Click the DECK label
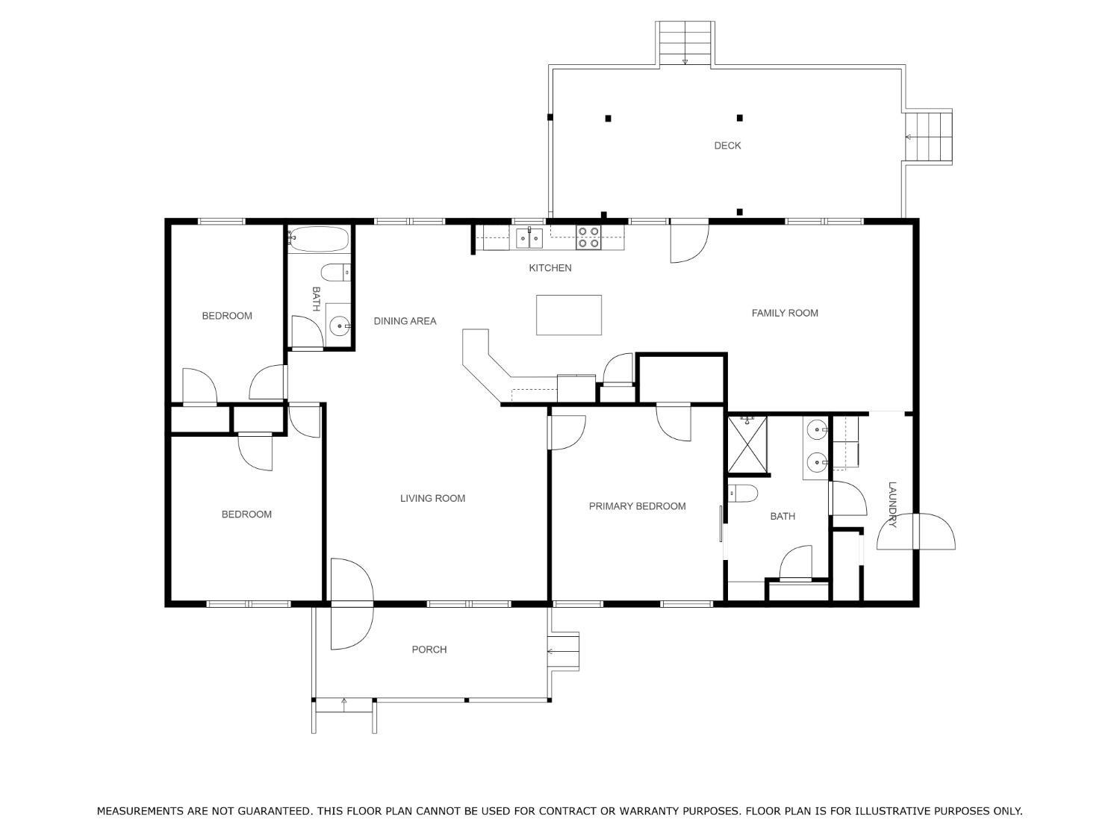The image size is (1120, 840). (727, 146)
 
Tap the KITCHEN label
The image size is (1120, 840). (550, 268)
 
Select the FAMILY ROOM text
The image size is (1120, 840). (785, 313)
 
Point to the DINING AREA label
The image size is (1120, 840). (405, 321)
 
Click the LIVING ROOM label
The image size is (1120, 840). (432, 498)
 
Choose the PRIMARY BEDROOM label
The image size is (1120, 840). (638, 506)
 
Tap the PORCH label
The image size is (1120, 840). (429, 650)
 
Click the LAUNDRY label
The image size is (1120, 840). (892, 505)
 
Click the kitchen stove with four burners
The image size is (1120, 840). (588, 237)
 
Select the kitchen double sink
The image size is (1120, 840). (529, 237)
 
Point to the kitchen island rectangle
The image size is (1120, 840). (568, 315)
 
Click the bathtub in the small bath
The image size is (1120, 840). (318, 240)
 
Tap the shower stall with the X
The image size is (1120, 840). (747, 444)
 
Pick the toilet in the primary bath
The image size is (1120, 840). (743, 494)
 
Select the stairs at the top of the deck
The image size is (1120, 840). (685, 43)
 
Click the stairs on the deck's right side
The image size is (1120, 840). (928, 136)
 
